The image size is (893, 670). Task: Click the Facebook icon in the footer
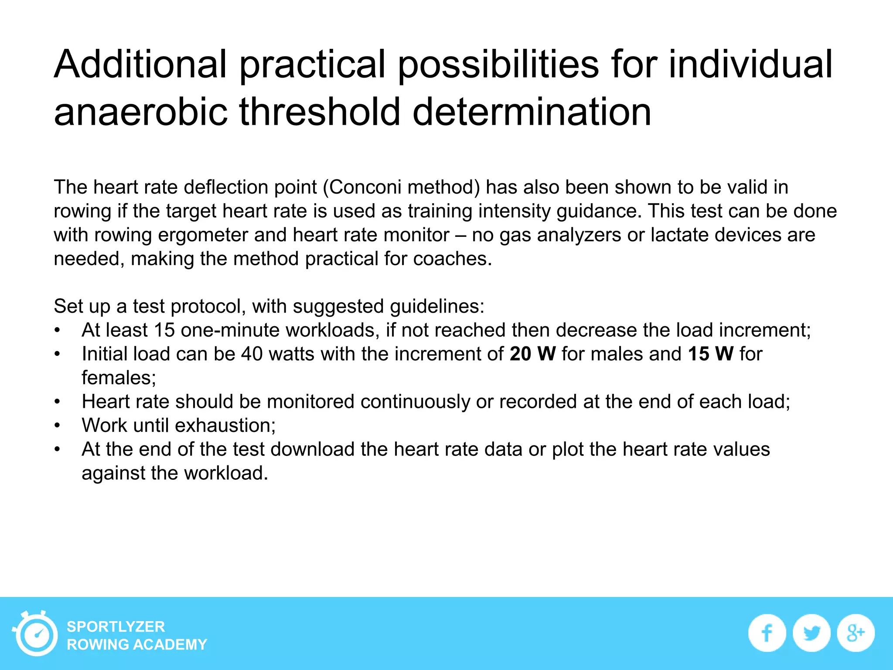(767, 633)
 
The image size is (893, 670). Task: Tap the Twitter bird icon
(811, 633)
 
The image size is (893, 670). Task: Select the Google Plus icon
(856, 633)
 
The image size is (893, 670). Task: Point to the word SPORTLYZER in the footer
(116, 627)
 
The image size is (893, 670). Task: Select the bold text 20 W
(532, 354)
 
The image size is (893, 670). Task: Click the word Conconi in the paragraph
(365, 187)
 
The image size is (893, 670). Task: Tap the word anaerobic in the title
(140, 112)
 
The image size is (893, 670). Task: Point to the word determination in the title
(532, 112)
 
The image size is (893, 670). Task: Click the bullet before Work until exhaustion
(57, 425)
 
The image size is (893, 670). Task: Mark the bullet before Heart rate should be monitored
(57, 402)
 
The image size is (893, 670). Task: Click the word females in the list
(118, 378)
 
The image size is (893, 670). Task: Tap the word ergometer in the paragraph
(203, 235)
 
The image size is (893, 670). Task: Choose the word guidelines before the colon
(436, 306)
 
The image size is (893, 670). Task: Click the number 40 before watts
(252, 354)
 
